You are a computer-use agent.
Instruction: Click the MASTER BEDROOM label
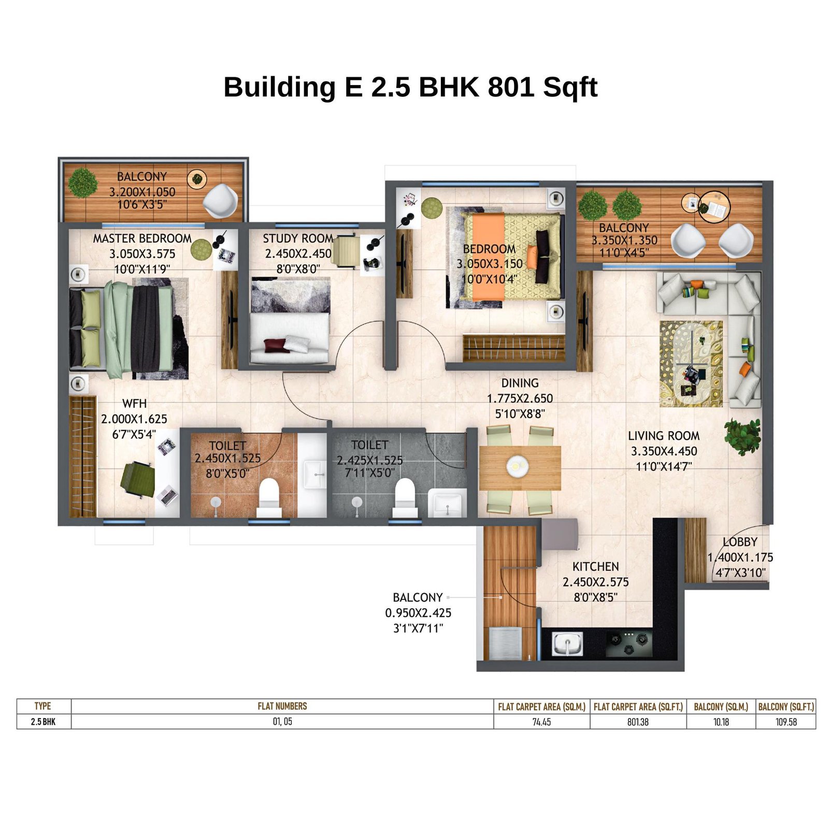click(142, 238)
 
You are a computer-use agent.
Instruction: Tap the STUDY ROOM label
click(297, 238)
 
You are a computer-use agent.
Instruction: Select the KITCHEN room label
click(595, 566)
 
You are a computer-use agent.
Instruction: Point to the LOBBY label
click(739, 542)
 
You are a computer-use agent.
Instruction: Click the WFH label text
click(134, 403)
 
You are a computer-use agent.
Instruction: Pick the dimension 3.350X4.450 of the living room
click(664, 451)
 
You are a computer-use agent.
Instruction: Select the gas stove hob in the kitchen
click(628, 644)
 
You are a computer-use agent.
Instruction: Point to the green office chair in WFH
click(138, 480)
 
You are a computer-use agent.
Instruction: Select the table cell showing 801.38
click(637, 722)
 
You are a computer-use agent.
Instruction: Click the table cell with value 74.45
click(541, 722)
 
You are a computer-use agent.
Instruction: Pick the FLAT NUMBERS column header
click(282, 706)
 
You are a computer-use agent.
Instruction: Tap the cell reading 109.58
click(785, 722)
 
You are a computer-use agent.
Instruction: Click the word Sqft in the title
click(570, 87)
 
